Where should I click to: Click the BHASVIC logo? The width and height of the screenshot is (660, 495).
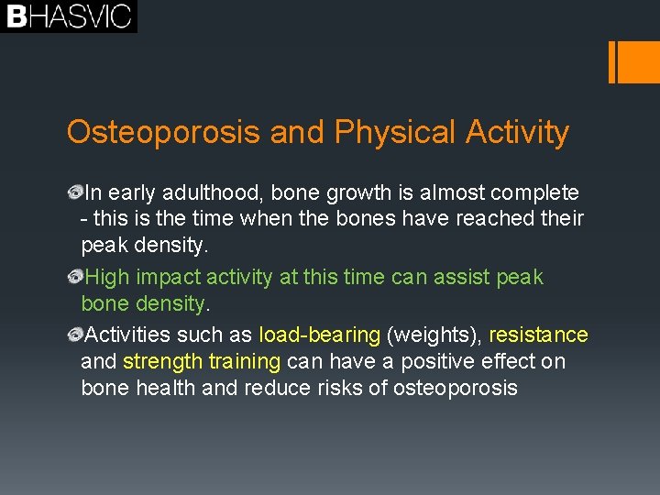pyautogui.click(x=69, y=16)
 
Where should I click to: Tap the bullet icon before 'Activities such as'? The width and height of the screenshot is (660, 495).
pyautogui.click(x=75, y=335)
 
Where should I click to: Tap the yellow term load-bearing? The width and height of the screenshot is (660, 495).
pyautogui.click(x=319, y=335)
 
